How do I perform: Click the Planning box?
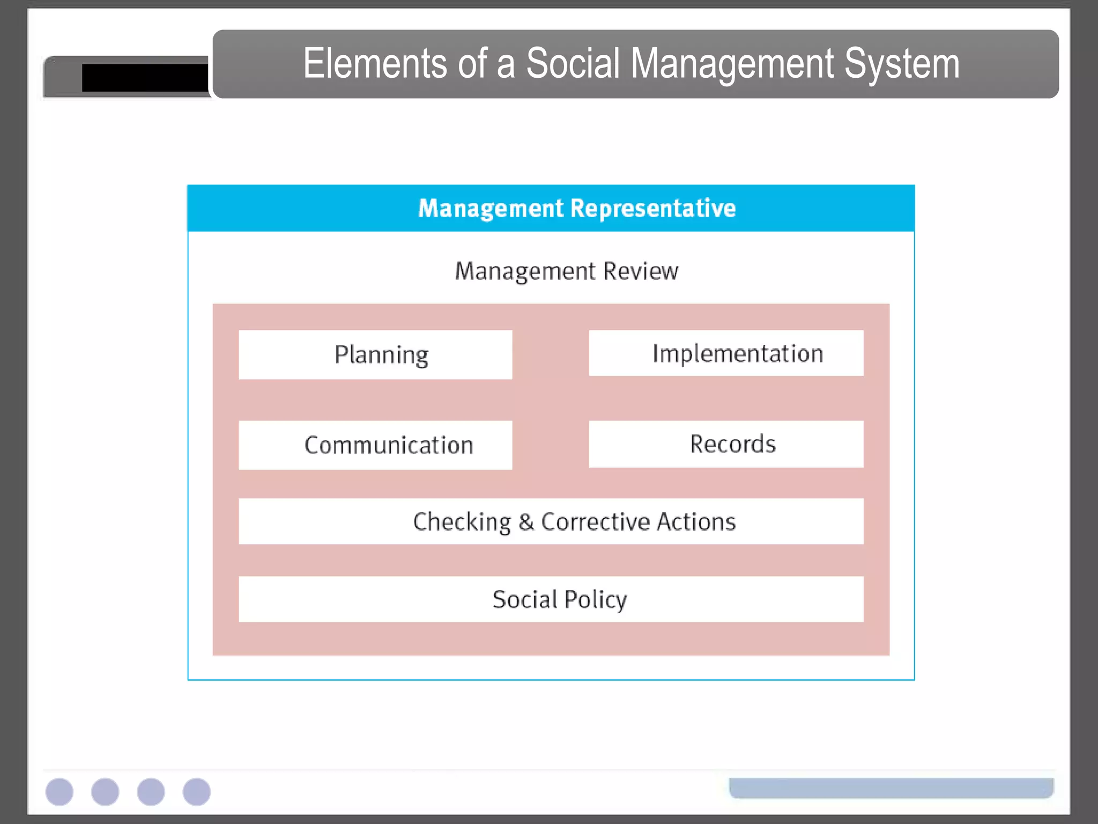coord(375,355)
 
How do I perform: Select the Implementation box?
coord(726,353)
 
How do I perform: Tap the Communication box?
coord(375,445)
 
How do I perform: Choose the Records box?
coord(726,444)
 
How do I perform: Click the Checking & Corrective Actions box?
coord(551,521)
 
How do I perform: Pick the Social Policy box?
coord(551,599)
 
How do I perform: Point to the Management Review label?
coord(566,271)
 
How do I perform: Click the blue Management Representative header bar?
coord(551,208)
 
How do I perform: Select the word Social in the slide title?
coord(573,63)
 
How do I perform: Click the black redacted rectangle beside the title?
coord(145,78)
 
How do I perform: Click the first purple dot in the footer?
coord(60,792)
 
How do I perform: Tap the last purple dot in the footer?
coord(197,792)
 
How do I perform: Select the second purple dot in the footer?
coord(105,792)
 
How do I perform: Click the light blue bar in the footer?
coord(891,788)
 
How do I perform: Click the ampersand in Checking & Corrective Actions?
coord(526,522)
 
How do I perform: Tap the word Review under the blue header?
coord(641,271)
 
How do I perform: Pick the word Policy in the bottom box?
coord(595,600)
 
